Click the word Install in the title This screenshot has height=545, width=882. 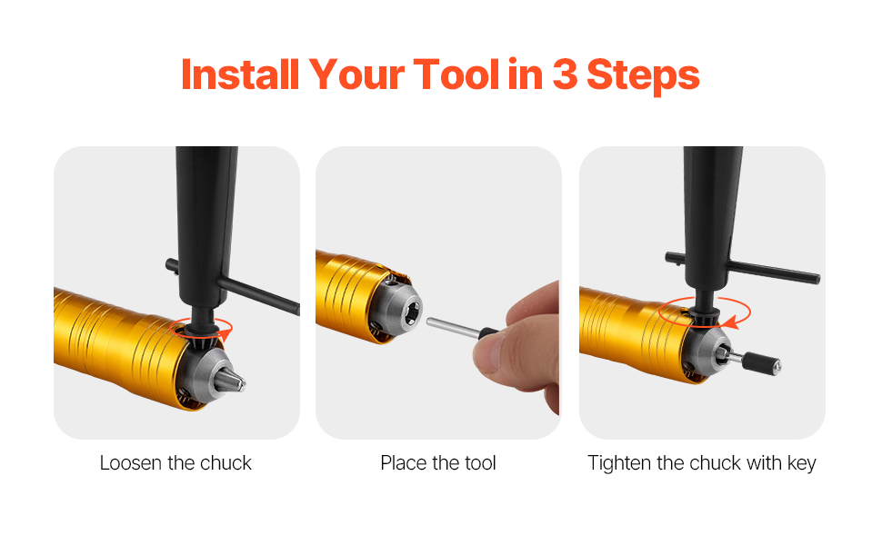pos(240,74)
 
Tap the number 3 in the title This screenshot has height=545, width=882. pos(565,74)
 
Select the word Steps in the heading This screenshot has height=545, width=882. pos(643,75)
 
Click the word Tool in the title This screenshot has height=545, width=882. pos(456,74)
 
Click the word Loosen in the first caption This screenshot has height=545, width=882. pos(131,463)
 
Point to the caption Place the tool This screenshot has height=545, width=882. pos(438,463)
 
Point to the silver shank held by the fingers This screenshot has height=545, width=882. pos(452,328)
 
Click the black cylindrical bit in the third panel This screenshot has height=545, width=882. pos(760,362)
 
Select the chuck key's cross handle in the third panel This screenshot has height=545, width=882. pos(743,267)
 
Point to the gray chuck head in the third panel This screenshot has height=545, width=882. pos(706,352)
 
